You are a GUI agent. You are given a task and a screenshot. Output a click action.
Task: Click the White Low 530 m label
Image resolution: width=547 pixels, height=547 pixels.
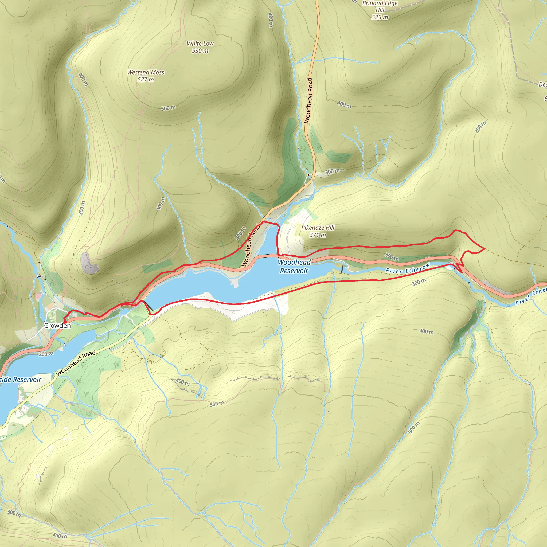200,47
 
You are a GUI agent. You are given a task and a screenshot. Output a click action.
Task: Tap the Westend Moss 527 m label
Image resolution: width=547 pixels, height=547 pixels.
146,76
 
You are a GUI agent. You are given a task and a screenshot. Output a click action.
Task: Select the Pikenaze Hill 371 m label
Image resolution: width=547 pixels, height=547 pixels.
318,231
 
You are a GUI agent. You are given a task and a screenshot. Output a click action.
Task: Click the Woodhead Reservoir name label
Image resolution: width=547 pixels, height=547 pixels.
294,266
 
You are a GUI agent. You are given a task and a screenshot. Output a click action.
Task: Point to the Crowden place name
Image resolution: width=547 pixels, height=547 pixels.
57,326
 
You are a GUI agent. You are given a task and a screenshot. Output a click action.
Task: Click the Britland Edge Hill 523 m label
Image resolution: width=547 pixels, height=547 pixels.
380,10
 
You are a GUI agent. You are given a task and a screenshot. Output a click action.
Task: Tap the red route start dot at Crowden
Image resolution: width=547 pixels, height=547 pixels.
65,322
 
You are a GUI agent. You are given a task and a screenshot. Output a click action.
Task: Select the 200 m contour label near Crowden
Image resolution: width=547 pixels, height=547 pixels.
46,354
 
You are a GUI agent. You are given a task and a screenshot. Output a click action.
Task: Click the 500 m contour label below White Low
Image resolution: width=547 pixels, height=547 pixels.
168,108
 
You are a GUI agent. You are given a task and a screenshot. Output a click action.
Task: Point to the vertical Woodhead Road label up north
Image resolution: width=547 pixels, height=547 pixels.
308,100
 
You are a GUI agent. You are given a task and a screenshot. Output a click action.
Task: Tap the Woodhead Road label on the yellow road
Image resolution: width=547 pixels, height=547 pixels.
76,363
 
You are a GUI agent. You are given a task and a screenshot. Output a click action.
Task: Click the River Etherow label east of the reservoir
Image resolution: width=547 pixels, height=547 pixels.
408,268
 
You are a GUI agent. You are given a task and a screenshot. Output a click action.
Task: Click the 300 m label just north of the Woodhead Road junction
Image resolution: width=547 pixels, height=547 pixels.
332,171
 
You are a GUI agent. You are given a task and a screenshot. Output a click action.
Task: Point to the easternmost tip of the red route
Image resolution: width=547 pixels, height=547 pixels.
485,249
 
